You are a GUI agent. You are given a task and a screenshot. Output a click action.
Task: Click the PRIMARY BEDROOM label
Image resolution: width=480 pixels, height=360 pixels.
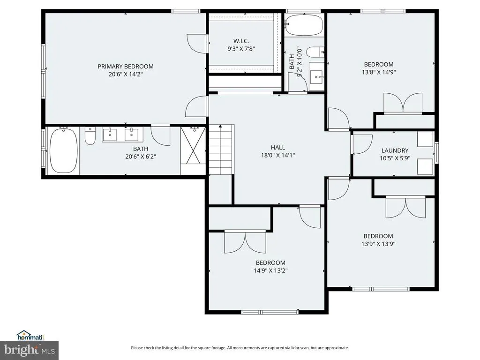click(x=126, y=67)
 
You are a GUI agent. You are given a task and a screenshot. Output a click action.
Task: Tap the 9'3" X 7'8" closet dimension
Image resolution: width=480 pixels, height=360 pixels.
click(x=241, y=49)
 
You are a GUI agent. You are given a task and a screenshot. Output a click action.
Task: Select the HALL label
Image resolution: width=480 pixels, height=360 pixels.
click(x=278, y=148)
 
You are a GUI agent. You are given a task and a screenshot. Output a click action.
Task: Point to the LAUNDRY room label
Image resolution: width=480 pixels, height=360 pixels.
click(x=395, y=150)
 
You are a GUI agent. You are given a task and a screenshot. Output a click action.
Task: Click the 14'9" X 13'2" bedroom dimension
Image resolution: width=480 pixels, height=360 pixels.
click(x=270, y=270)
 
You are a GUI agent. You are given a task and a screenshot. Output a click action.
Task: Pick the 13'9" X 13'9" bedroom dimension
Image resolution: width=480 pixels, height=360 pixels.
click(x=378, y=244)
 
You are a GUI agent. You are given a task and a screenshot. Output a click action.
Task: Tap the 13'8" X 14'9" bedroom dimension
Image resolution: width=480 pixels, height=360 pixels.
click(x=379, y=72)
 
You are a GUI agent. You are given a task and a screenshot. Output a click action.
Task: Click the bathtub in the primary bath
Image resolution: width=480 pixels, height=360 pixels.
click(x=64, y=150)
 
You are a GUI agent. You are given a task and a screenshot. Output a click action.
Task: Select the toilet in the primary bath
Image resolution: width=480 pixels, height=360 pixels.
click(x=90, y=136)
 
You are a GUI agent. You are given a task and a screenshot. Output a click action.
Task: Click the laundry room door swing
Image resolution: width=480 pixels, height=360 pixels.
click(x=362, y=144)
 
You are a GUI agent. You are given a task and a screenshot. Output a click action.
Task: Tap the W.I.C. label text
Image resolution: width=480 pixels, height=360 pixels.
click(x=241, y=41)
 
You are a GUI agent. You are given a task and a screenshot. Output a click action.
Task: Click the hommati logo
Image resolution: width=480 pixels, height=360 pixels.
click(x=30, y=336)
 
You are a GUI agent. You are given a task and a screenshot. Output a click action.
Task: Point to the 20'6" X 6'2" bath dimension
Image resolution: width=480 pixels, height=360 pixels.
click(x=141, y=157)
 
